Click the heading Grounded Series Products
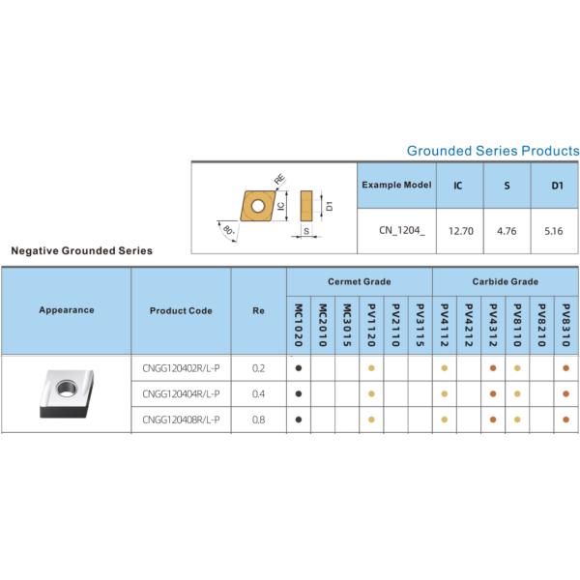pyautogui.click(x=493, y=151)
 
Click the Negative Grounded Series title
pyautogui.click(x=81, y=249)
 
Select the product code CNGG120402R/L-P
pyautogui.click(x=181, y=368)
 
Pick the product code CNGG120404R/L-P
pyautogui.click(x=181, y=393)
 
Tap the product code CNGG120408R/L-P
pyautogui.click(x=181, y=419)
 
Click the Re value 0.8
pyautogui.click(x=258, y=419)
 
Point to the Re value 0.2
pyautogui.click(x=258, y=368)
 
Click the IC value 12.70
pyautogui.click(x=460, y=232)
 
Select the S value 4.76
pyautogui.click(x=507, y=232)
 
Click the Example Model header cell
pyautogui.click(x=395, y=184)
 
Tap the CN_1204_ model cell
pyautogui.click(x=395, y=232)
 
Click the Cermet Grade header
pyautogui.click(x=359, y=281)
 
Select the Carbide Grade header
pyautogui.click(x=506, y=281)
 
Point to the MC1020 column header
pyautogui.click(x=299, y=324)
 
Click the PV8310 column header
pyautogui.click(x=566, y=324)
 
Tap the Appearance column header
pyautogui.click(x=67, y=310)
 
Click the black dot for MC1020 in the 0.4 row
pyautogui.click(x=299, y=393)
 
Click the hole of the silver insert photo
pyautogui.click(x=69, y=389)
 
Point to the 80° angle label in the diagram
pyautogui.click(x=228, y=232)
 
